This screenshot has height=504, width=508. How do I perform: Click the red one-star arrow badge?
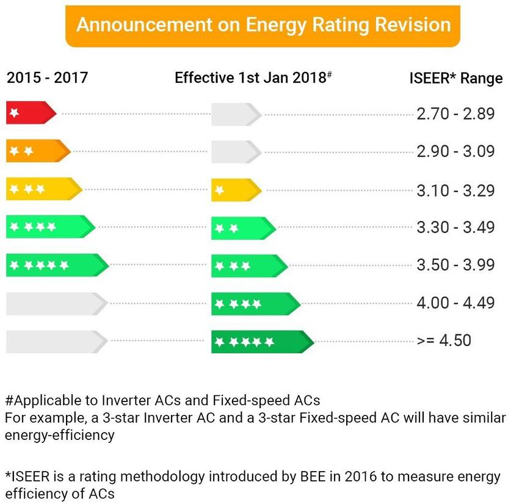point(31,113)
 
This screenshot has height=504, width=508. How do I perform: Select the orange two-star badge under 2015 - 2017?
point(38,151)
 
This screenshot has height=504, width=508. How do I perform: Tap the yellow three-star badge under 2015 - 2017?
point(43,189)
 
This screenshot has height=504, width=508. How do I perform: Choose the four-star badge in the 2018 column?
point(255,303)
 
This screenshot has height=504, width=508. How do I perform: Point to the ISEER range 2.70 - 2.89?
point(455,114)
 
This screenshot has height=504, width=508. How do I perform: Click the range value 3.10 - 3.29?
point(455,190)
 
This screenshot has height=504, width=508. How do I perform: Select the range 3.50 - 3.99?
point(455,265)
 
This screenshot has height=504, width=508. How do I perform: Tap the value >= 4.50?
point(444,340)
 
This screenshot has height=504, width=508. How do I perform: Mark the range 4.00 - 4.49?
point(455,303)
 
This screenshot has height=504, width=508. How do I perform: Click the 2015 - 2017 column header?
point(47,78)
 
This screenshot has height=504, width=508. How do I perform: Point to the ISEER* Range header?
point(455,79)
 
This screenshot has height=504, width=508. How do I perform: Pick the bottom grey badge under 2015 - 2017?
point(56,341)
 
